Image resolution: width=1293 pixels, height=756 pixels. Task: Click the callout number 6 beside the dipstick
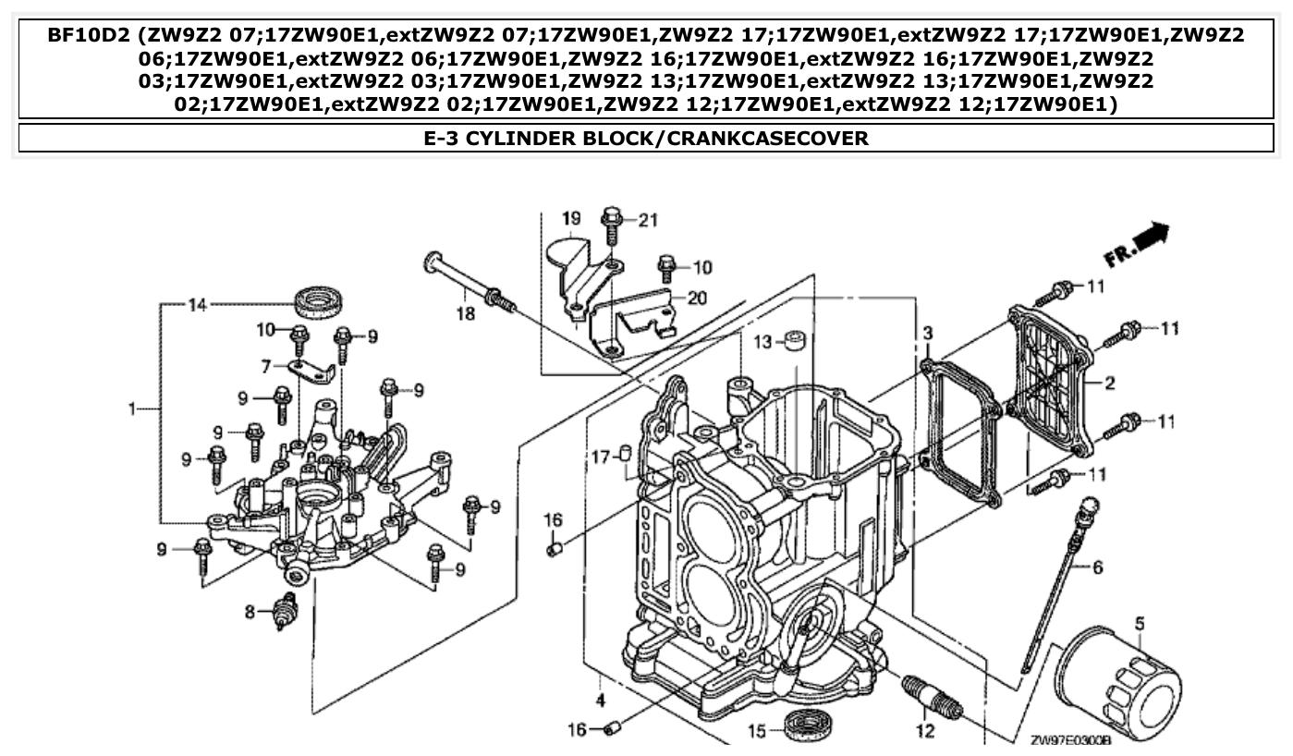click(x=1097, y=567)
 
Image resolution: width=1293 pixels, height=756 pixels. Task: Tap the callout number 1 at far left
click(x=132, y=408)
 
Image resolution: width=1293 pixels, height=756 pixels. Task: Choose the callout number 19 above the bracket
click(x=571, y=219)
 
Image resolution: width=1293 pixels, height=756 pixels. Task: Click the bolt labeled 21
click(x=610, y=219)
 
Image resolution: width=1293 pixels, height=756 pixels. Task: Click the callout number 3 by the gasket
click(x=927, y=332)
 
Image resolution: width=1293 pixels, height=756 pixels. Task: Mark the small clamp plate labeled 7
click(x=312, y=372)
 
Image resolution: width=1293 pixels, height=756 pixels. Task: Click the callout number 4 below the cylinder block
click(x=600, y=699)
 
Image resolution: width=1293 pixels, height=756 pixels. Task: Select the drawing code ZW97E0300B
click(x=1069, y=739)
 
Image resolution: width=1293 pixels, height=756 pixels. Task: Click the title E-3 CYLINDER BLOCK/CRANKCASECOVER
click(x=646, y=139)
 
